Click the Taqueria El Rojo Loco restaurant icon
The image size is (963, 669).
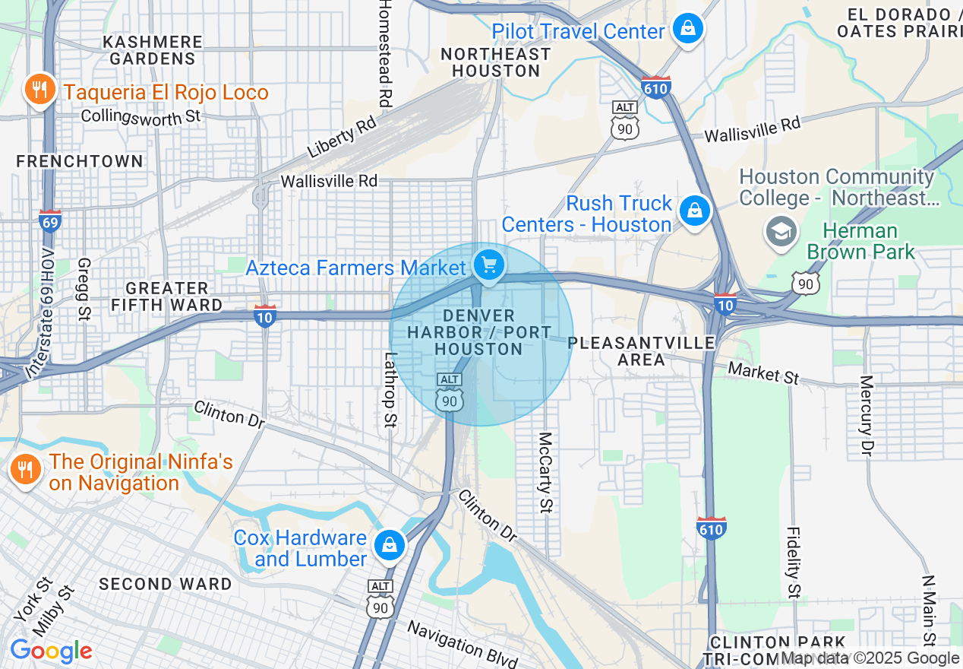39,90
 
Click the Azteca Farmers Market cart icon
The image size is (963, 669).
489,265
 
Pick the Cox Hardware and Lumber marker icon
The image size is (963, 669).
389,545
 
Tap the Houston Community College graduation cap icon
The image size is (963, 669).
780,230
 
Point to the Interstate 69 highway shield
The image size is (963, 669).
50,220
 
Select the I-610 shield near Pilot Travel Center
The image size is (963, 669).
655,87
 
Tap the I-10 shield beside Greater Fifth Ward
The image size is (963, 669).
264,316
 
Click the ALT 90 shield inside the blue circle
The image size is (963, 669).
450,392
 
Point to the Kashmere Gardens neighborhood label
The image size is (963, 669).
153,50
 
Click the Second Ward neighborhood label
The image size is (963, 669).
166,584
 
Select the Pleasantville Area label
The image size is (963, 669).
641,350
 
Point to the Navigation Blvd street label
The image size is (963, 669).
462,643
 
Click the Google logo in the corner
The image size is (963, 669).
51,652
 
